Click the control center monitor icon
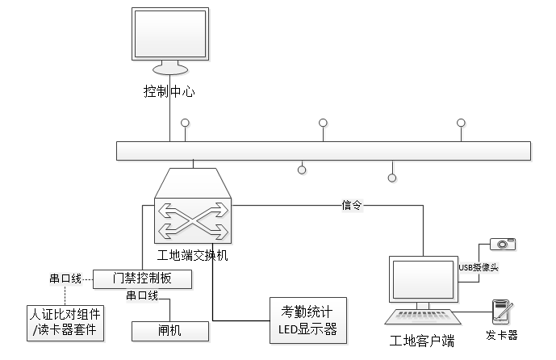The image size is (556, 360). pos(169,40)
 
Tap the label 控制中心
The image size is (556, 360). pos(169,91)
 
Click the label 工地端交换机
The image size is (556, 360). pos(193,255)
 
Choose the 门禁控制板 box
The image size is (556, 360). pos(143,279)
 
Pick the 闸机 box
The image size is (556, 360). pos(169,331)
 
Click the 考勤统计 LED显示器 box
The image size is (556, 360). pos(307,320)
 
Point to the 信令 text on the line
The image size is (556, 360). pos(353,205)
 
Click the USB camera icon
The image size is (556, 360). pos(503,244)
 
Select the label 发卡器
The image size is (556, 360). pos(502,335)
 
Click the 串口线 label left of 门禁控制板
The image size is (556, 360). pos(66,279)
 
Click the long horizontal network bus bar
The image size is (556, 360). pos(323,151)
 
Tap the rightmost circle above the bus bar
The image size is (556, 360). pos(461,123)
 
